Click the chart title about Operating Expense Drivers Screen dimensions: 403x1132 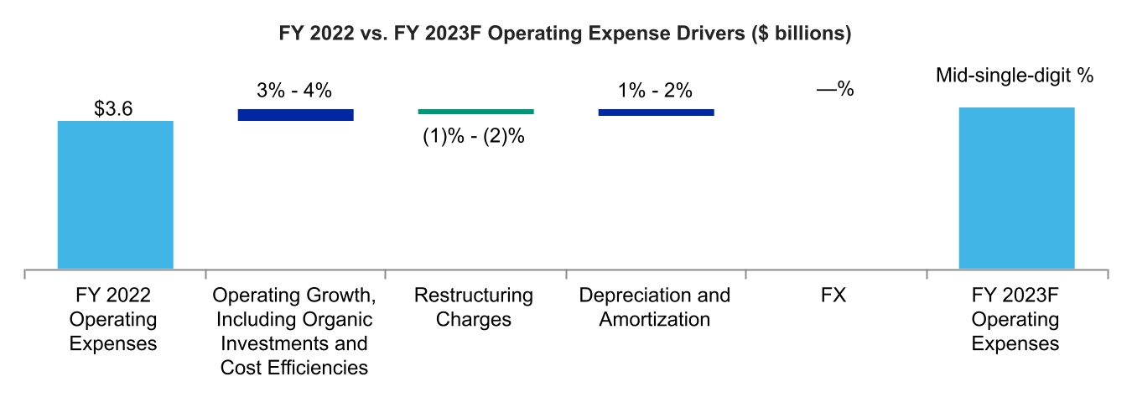[565, 34]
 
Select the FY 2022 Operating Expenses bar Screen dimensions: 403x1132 [115, 195]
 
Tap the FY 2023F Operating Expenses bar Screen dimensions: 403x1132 [1016, 188]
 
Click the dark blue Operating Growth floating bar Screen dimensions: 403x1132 [295, 115]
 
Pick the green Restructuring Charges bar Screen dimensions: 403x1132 [475, 111]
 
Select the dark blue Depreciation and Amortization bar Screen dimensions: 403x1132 [656, 112]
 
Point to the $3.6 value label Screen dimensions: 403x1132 [115, 109]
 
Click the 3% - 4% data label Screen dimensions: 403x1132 [295, 92]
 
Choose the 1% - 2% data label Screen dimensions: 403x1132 [656, 92]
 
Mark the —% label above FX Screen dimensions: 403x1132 [834, 89]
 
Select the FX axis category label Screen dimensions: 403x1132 [836, 296]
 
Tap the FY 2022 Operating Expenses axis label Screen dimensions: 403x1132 [114, 320]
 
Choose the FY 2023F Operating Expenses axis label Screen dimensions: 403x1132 [1015, 320]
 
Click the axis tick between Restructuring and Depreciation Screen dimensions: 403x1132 [566, 275]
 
